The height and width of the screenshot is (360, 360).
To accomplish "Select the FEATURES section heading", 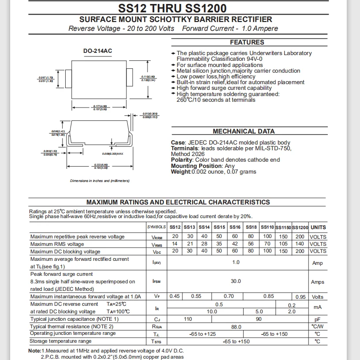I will (x=247, y=42).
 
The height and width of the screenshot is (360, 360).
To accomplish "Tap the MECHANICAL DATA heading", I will (x=243, y=131).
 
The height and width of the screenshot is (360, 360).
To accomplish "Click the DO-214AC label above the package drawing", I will (x=98, y=51).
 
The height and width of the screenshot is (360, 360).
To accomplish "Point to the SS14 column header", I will (x=204, y=227).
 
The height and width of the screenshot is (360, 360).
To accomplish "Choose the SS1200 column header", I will (x=300, y=227).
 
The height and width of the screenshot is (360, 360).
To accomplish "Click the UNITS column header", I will (x=318, y=227).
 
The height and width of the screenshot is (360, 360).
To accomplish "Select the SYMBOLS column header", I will (x=156, y=227).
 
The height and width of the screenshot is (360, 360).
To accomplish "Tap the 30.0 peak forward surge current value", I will (x=236, y=281).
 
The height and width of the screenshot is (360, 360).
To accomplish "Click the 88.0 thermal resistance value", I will (x=236, y=327).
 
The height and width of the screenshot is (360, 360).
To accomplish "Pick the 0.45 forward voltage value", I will (x=174, y=297).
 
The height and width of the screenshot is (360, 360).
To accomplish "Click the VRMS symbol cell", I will (x=156, y=245).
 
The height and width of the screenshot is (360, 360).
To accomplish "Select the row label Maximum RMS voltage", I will (x=57, y=244).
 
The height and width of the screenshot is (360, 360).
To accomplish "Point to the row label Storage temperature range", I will (x=60, y=341).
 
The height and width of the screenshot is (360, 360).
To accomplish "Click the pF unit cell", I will (x=317, y=319).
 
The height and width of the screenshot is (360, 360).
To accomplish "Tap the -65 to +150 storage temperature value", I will (x=236, y=341).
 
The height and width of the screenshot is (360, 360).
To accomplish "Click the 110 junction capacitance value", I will (x=188, y=319).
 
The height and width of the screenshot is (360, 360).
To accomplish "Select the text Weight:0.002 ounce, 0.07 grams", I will (x=213, y=172).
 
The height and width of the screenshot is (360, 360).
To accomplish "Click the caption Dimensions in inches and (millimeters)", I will (x=100, y=181).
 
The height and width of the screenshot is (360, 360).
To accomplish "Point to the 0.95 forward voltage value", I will (x=301, y=297).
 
